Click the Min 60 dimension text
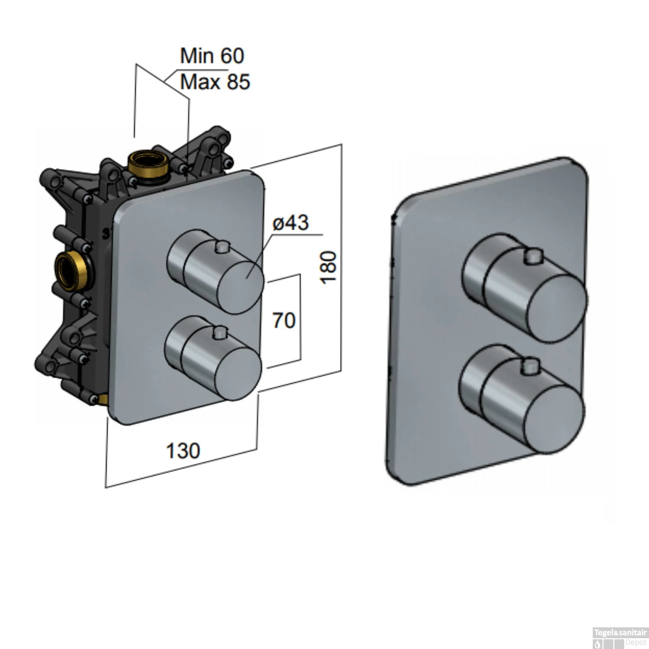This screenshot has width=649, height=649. [212, 56]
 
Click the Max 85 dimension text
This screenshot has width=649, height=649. [215, 82]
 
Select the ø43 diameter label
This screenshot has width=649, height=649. [290, 223]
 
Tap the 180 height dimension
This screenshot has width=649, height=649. [329, 267]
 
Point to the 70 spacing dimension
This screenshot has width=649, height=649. [284, 321]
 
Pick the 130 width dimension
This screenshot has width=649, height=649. [183, 451]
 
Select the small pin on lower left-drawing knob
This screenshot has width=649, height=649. [220, 333]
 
